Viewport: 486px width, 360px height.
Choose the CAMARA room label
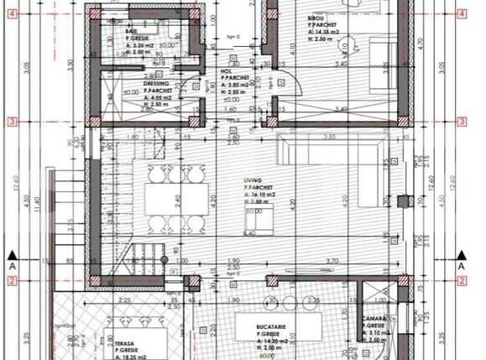coord(374,320)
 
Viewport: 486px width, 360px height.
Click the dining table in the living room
coord(175,201)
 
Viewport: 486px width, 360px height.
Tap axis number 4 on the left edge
coord(13,14)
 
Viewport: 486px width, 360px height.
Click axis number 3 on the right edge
coord(461,122)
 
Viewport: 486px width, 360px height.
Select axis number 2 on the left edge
coord(13,281)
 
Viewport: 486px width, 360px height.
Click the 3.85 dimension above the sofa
coord(330,137)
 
